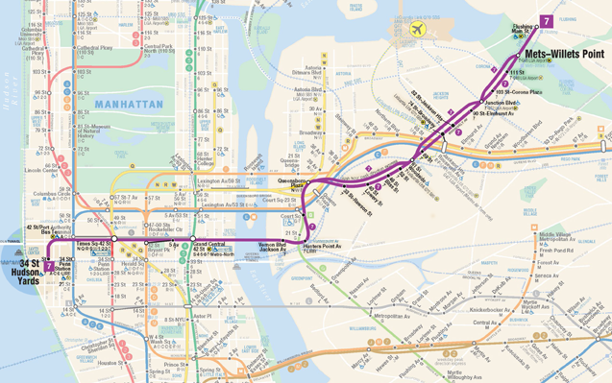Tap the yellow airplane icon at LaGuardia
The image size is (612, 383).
click(x=417, y=30)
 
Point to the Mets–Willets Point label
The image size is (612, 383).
click(x=566, y=55)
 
